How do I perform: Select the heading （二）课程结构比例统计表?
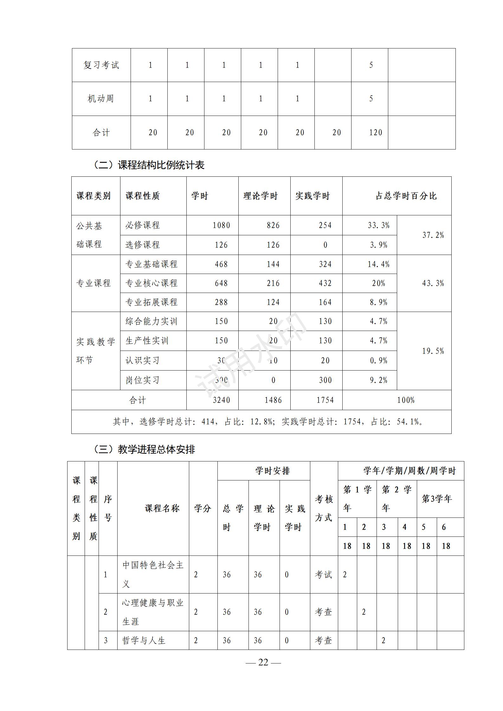(x=149, y=165)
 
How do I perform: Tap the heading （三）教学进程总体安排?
(x=144, y=449)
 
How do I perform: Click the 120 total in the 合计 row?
(x=376, y=132)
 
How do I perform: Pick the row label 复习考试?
(x=101, y=65)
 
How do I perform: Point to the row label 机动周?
(x=101, y=99)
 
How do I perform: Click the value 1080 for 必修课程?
(x=221, y=225)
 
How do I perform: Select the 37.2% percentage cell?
(x=433, y=235)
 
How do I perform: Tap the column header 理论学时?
(x=261, y=196)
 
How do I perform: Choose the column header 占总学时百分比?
(x=406, y=196)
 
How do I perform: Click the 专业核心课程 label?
(x=152, y=283)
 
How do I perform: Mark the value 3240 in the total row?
(x=221, y=400)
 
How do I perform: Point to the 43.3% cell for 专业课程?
(x=433, y=283)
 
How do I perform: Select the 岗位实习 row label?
(x=142, y=380)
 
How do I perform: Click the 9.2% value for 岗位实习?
(x=378, y=380)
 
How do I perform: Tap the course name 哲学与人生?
(x=144, y=640)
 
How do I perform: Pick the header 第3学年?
(x=436, y=499)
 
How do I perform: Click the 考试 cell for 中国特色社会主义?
(x=323, y=575)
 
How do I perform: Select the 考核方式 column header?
(x=324, y=509)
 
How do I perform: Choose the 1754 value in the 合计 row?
(x=325, y=400)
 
